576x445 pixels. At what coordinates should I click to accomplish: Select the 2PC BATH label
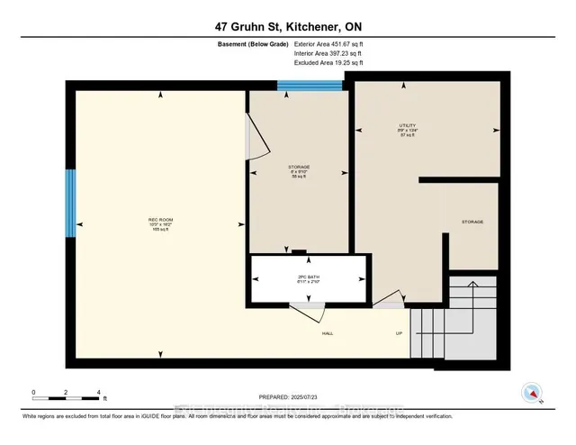(x=310, y=276)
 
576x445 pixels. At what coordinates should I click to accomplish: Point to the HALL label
(x=329, y=333)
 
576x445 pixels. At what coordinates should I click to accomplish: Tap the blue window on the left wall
(x=69, y=204)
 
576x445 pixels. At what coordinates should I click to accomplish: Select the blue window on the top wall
(x=310, y=86)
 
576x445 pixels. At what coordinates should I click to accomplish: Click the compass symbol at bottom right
(x=532, y=393)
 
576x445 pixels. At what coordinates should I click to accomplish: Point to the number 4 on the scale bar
(x=98, y=393)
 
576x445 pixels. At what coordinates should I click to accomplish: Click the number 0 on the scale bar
(x=33, y=393)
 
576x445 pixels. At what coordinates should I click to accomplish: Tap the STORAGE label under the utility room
(x=472, y=222)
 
